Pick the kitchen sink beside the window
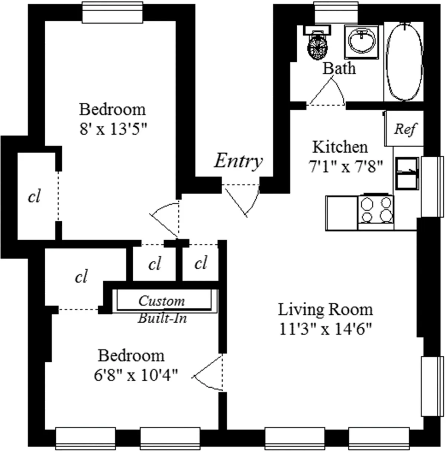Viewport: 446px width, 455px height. (407, 173)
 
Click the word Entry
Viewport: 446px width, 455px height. (238, 161)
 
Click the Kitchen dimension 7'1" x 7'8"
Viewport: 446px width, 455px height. (345, 167)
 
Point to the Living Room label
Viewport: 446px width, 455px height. (325, 310)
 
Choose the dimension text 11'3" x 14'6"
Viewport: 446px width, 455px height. (325, 329)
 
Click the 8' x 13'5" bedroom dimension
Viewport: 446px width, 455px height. (113, 130)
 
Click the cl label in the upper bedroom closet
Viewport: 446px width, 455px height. (34, 196)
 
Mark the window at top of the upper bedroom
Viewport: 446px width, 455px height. (112, 12)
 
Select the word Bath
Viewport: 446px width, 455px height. (339, 68)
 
